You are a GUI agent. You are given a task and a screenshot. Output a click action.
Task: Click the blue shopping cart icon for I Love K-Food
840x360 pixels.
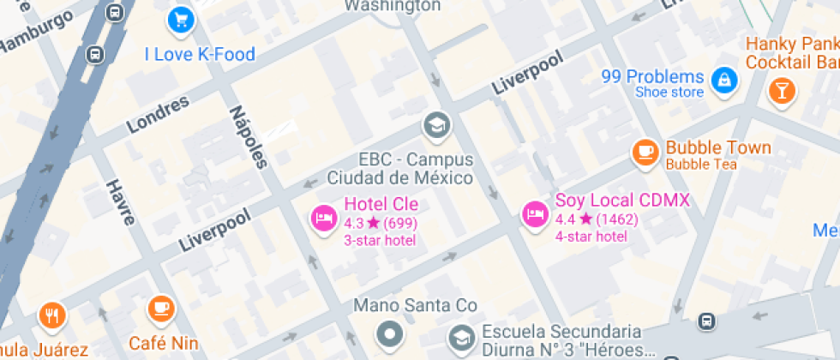(x=179, y=19)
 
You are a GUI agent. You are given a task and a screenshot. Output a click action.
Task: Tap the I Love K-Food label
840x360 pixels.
(x=200, y=55)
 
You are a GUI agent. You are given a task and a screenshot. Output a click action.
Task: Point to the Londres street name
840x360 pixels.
(x=158, y=114)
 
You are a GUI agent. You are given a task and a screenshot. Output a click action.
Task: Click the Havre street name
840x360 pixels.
(x=120, y=201)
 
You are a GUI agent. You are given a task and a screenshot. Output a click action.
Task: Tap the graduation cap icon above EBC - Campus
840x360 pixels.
(x=436, y=126)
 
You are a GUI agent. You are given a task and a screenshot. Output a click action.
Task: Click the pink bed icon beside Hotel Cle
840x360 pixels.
(x=323, y=218)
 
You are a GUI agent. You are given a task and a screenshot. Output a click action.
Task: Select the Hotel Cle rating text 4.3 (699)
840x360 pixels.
(x=380, y=223)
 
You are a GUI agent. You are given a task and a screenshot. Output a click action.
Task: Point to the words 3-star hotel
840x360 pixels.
(x=380, y=240)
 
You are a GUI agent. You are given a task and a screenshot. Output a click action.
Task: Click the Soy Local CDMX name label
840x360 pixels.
(x=622, y=201)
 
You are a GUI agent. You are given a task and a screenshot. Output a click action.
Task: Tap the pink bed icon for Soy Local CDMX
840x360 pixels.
(x=535, y=214)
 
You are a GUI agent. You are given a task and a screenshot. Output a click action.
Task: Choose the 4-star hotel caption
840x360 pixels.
(x=591, y=237)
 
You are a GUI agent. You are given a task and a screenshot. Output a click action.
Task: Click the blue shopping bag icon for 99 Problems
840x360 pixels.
(x=725, y=81)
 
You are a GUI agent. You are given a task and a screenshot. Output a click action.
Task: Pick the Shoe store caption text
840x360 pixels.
(x=669, y=93)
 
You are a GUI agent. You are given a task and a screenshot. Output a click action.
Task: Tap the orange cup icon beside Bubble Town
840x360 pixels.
(x=645, y=152)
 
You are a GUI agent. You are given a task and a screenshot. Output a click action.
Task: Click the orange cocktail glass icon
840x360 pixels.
(x=782, y=90)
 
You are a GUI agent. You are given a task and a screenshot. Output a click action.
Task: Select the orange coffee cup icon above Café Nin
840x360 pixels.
(x=160, y=308)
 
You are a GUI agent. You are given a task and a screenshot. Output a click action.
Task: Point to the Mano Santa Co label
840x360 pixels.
(x=415, y=305)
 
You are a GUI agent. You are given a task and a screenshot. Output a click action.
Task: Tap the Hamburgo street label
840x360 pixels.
(x=36, y=35)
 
